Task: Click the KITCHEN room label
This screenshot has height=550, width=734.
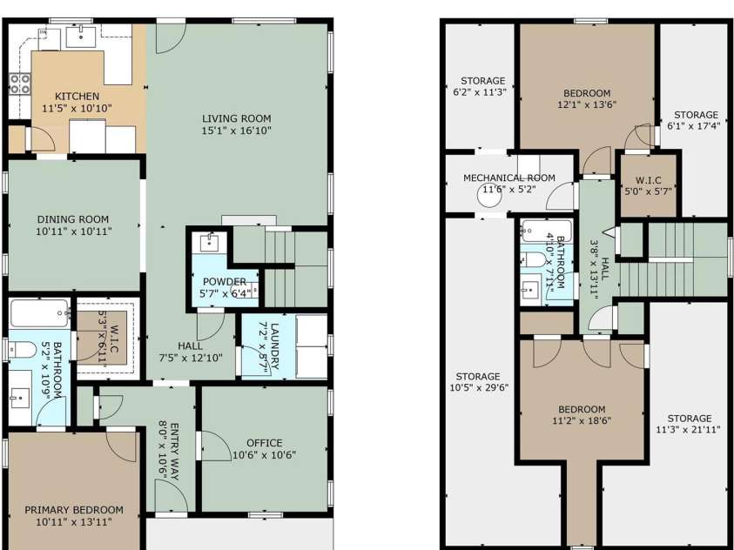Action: tap(77, 96)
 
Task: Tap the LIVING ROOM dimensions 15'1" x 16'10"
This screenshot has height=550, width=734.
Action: tap(236, 131)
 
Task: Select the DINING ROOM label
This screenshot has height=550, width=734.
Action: tap(72, 219)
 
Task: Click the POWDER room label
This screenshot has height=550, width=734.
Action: tap(225, 282)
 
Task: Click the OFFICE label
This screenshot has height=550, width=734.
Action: tap(264, 443)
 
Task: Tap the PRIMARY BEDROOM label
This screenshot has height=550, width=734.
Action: tap(73, 510)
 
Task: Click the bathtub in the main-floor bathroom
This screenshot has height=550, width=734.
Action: tap(39, 312)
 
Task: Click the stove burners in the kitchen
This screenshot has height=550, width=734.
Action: tap(19, 84)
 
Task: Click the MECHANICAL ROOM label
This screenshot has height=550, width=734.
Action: tap(508, 178)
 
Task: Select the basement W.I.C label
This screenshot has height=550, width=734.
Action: tap(646, 180)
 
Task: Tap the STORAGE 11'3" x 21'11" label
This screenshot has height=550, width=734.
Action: tap(690, 419)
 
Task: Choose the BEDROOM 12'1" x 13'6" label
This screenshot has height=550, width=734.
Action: tap(586, 93)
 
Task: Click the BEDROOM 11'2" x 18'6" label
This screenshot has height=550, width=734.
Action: tap(581, 410)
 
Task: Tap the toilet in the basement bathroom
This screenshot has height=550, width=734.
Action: tap(534, 260)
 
